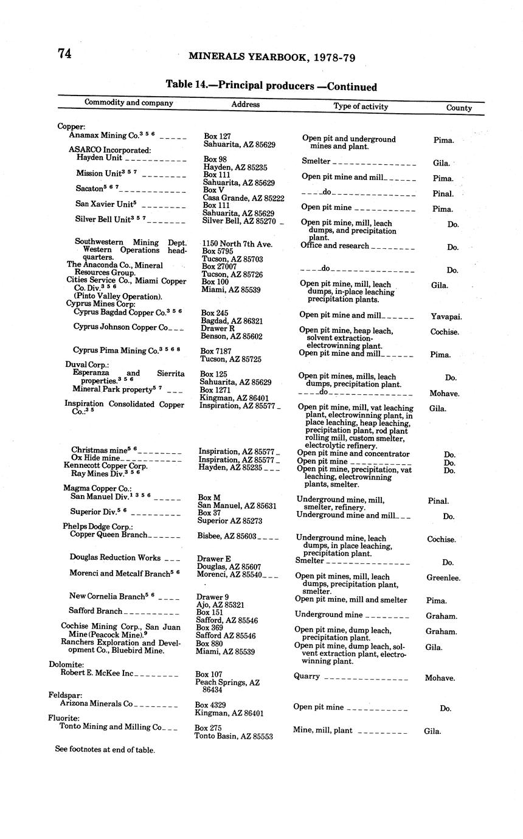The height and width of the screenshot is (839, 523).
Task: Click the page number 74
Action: pyautogui.click(x=65, y=54)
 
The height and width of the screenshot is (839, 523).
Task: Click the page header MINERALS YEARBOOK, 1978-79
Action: pyautogui.click(x=272, y=57)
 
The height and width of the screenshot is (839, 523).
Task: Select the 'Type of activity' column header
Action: pyautogui.click(x=361, y=106)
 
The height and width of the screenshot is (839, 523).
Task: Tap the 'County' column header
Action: pyautogui.click(x=459, y=108)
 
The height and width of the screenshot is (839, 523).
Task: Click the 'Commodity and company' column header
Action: pyautogui.click(x=128, y=102)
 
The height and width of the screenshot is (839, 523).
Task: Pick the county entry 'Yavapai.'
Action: pyautogui.click(x=446, y=316)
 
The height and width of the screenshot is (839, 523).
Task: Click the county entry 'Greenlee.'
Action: pyautogui.click(x=443, y=578)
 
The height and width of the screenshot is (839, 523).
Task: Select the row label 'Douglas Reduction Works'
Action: pyautogui.click(x=115, y=557)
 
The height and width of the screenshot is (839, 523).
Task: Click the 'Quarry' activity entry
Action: pyautogui.click(x=307, y=676)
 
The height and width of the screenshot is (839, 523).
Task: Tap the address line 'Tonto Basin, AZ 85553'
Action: pyautogui.click(x=234, y=736)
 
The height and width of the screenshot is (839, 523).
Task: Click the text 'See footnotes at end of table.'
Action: pyautogui.click(x=105, y=750)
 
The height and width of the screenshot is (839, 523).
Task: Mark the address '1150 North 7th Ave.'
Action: pyautogui.click(x=237, y=243)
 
